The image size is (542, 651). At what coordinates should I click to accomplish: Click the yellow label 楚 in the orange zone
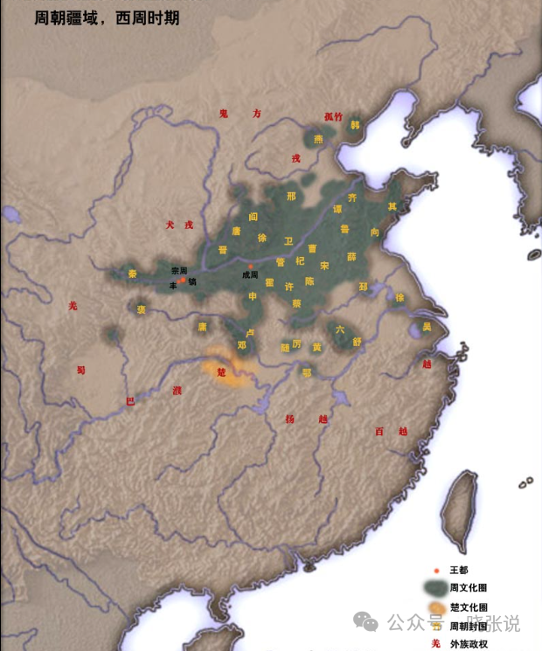221,371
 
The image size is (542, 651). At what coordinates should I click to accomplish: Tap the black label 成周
252,274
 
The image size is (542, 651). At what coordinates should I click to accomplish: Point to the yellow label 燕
318,138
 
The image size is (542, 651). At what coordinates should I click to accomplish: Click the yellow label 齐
352,198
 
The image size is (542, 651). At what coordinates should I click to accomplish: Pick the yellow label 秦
133,274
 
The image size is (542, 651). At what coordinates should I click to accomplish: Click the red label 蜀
80,370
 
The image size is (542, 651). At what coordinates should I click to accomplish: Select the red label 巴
130,401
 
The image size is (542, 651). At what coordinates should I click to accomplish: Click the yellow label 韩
354,124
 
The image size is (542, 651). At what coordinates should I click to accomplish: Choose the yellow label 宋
324,265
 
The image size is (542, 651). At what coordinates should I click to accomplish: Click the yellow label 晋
223,249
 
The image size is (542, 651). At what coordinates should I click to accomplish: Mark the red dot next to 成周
251,266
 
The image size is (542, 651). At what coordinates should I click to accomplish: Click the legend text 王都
459,570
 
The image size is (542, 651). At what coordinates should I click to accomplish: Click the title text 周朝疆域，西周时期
107,18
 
